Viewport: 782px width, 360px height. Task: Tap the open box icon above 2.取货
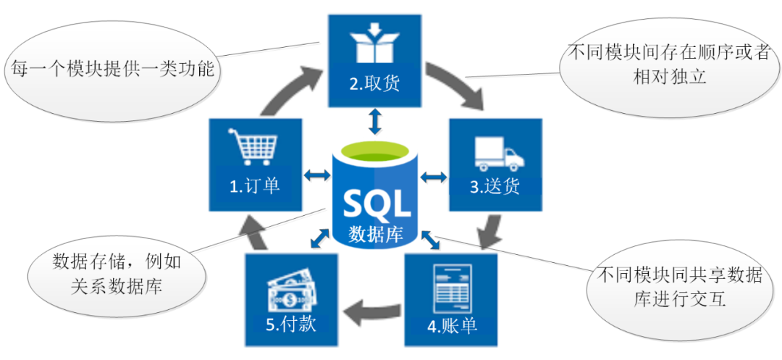tap(374, 44)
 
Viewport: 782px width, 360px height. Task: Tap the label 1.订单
tap(254, 186)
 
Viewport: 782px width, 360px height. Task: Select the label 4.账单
tap(452, 327)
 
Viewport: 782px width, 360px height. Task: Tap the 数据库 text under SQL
tap(376, 234)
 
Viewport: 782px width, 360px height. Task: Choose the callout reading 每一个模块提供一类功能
tap(112, 68)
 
